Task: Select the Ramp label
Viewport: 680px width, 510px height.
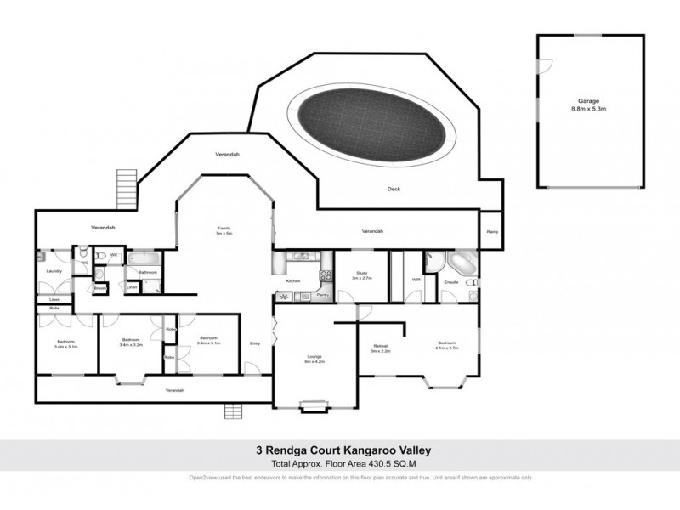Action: [x=491, y=232]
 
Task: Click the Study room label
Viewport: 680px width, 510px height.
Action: [x=360, y=273]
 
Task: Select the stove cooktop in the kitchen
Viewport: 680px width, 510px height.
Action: [x=323, y=274]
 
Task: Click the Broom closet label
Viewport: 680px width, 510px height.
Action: [x=99, y=287]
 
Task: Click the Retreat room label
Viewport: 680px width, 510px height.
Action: [x=380, y=345]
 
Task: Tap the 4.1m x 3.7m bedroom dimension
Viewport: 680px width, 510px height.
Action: [x=446, y=348]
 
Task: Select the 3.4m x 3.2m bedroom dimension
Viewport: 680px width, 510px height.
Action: [x=129, y=345]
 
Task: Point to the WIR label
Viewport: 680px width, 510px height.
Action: [x=416, y=279]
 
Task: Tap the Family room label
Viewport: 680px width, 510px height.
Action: [x=224, y=228]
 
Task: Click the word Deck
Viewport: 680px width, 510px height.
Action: [x=394, y=190]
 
